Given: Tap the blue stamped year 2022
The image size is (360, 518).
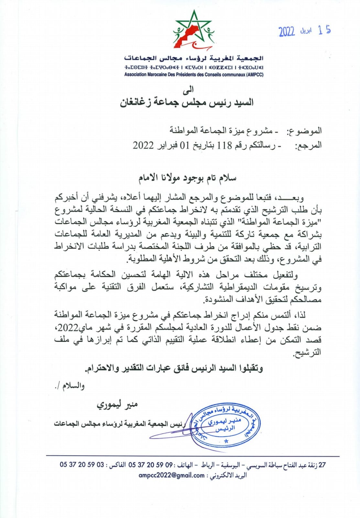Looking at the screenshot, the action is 287,31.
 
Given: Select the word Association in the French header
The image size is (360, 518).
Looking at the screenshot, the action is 135,74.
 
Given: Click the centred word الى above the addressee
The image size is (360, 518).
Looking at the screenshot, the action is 188,89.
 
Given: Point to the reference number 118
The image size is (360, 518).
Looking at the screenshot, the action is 224,145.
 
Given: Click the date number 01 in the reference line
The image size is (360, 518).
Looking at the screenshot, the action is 184,145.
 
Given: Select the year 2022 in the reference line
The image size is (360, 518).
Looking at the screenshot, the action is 143,145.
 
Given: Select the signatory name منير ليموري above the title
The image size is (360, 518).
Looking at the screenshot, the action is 117,404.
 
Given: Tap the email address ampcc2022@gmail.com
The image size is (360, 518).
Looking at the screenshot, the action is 171,475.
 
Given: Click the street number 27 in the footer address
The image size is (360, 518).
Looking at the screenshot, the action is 322,465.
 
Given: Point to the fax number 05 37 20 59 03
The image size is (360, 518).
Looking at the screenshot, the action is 82,465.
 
